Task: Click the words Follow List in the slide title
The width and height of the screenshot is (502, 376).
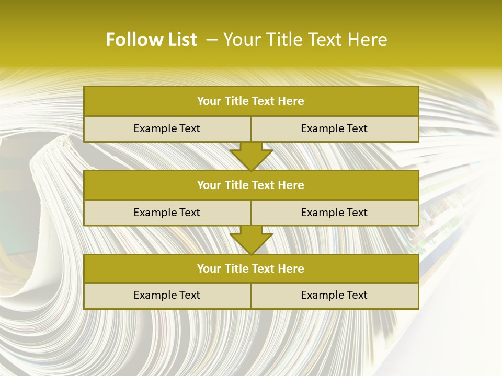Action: tap(151, 40)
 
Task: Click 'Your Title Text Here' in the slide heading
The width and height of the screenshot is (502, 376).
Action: tap(305, 40)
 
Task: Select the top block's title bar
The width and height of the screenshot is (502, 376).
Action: tap(251, 101)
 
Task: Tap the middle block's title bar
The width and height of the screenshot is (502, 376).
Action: tap(251, 185)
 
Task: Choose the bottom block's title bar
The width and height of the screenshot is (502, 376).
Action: tap(251, 269)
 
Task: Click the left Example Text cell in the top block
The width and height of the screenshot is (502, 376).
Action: tap(167, 129)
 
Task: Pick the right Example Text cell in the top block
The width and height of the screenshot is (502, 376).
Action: tap(334, 129)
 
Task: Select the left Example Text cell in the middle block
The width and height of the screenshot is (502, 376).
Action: tap(167, 213)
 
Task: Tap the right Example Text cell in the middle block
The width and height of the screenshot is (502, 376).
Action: tap(334, 213)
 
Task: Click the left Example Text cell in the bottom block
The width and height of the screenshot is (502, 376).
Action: tap(167, 296)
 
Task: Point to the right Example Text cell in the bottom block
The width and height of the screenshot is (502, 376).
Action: tap(334, 296)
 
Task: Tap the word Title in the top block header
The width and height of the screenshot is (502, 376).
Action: tap(236, 101)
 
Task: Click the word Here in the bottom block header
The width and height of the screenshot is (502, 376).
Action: tap(292, 269)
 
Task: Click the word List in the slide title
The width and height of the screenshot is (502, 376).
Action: tap(179, 40)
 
